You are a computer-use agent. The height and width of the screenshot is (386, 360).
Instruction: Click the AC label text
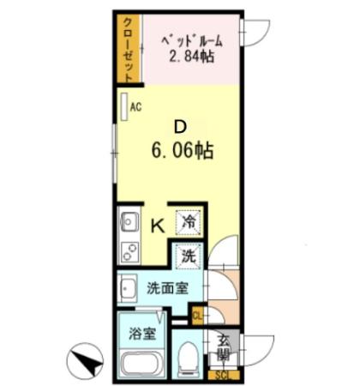(x=135, y=108)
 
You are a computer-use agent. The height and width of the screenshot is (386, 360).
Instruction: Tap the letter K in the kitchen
(x=158, y=226)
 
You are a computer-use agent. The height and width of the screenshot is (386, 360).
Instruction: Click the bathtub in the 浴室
(x=142, y=360)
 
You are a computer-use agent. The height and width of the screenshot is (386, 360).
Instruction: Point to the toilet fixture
(x=189, y=359)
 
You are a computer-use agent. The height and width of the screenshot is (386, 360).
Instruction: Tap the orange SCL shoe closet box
(x=222, y=375)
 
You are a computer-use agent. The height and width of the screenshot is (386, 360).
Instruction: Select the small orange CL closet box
(x=198, y=315)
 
